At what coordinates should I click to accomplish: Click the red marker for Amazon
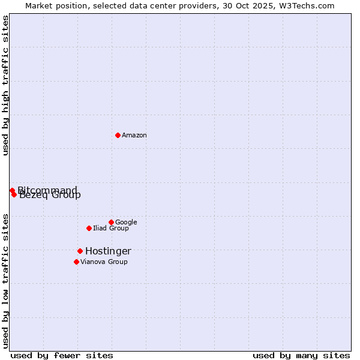coord(118,135)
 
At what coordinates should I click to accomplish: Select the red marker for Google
coord(111,222)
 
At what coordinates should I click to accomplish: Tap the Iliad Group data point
coord(89,228)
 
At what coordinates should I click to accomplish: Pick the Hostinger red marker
coord(80,251)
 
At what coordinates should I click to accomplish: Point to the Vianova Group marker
coord(76,262)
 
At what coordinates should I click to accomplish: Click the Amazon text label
coord(134,136)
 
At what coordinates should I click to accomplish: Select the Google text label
coord(126,223)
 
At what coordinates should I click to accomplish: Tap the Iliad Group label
coord(111,229)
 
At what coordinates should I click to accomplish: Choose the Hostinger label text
coord(108,251)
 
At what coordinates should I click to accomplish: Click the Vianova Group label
coord(104,262)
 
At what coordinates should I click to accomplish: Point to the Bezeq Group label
coord(50,195)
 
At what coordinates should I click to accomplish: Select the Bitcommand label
coord(47,190)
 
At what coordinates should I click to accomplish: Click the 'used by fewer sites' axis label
coord(62,356)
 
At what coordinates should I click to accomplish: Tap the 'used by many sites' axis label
coord(301,356)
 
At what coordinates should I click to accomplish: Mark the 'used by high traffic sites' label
coord(6,86)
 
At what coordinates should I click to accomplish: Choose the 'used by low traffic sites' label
coord(6,280)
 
